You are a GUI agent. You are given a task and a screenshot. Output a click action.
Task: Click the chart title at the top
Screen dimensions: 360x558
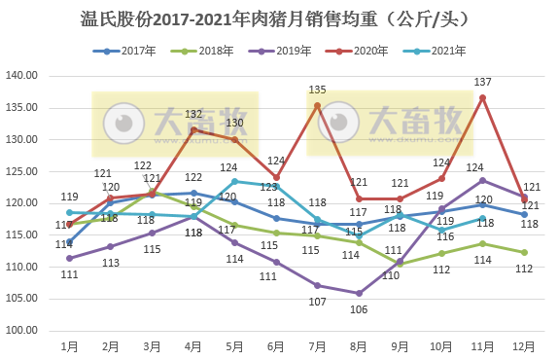(278, 18)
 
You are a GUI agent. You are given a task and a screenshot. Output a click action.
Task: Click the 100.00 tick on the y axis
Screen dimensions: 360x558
(21, 331)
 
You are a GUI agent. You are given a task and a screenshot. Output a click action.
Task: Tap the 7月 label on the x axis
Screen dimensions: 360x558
(318, 346)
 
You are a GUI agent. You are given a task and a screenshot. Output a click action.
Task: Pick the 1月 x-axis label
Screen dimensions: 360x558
(69, 346)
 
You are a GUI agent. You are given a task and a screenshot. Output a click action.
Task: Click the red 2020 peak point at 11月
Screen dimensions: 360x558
(483, 97)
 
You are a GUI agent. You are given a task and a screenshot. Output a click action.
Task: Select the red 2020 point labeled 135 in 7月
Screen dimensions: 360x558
(318, 106)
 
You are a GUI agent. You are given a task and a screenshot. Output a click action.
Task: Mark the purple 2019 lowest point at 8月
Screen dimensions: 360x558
(359, 293)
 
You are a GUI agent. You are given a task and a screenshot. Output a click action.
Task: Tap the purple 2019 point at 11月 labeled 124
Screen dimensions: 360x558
(483, 180)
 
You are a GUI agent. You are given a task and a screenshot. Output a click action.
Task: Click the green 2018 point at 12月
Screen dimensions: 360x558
(525, 252)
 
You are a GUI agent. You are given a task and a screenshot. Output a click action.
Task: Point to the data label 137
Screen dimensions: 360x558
(483, 82)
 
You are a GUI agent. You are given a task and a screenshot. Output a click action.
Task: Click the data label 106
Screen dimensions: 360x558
(359, 309)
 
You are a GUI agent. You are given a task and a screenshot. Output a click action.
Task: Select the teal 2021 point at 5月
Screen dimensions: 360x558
(234, 181)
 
